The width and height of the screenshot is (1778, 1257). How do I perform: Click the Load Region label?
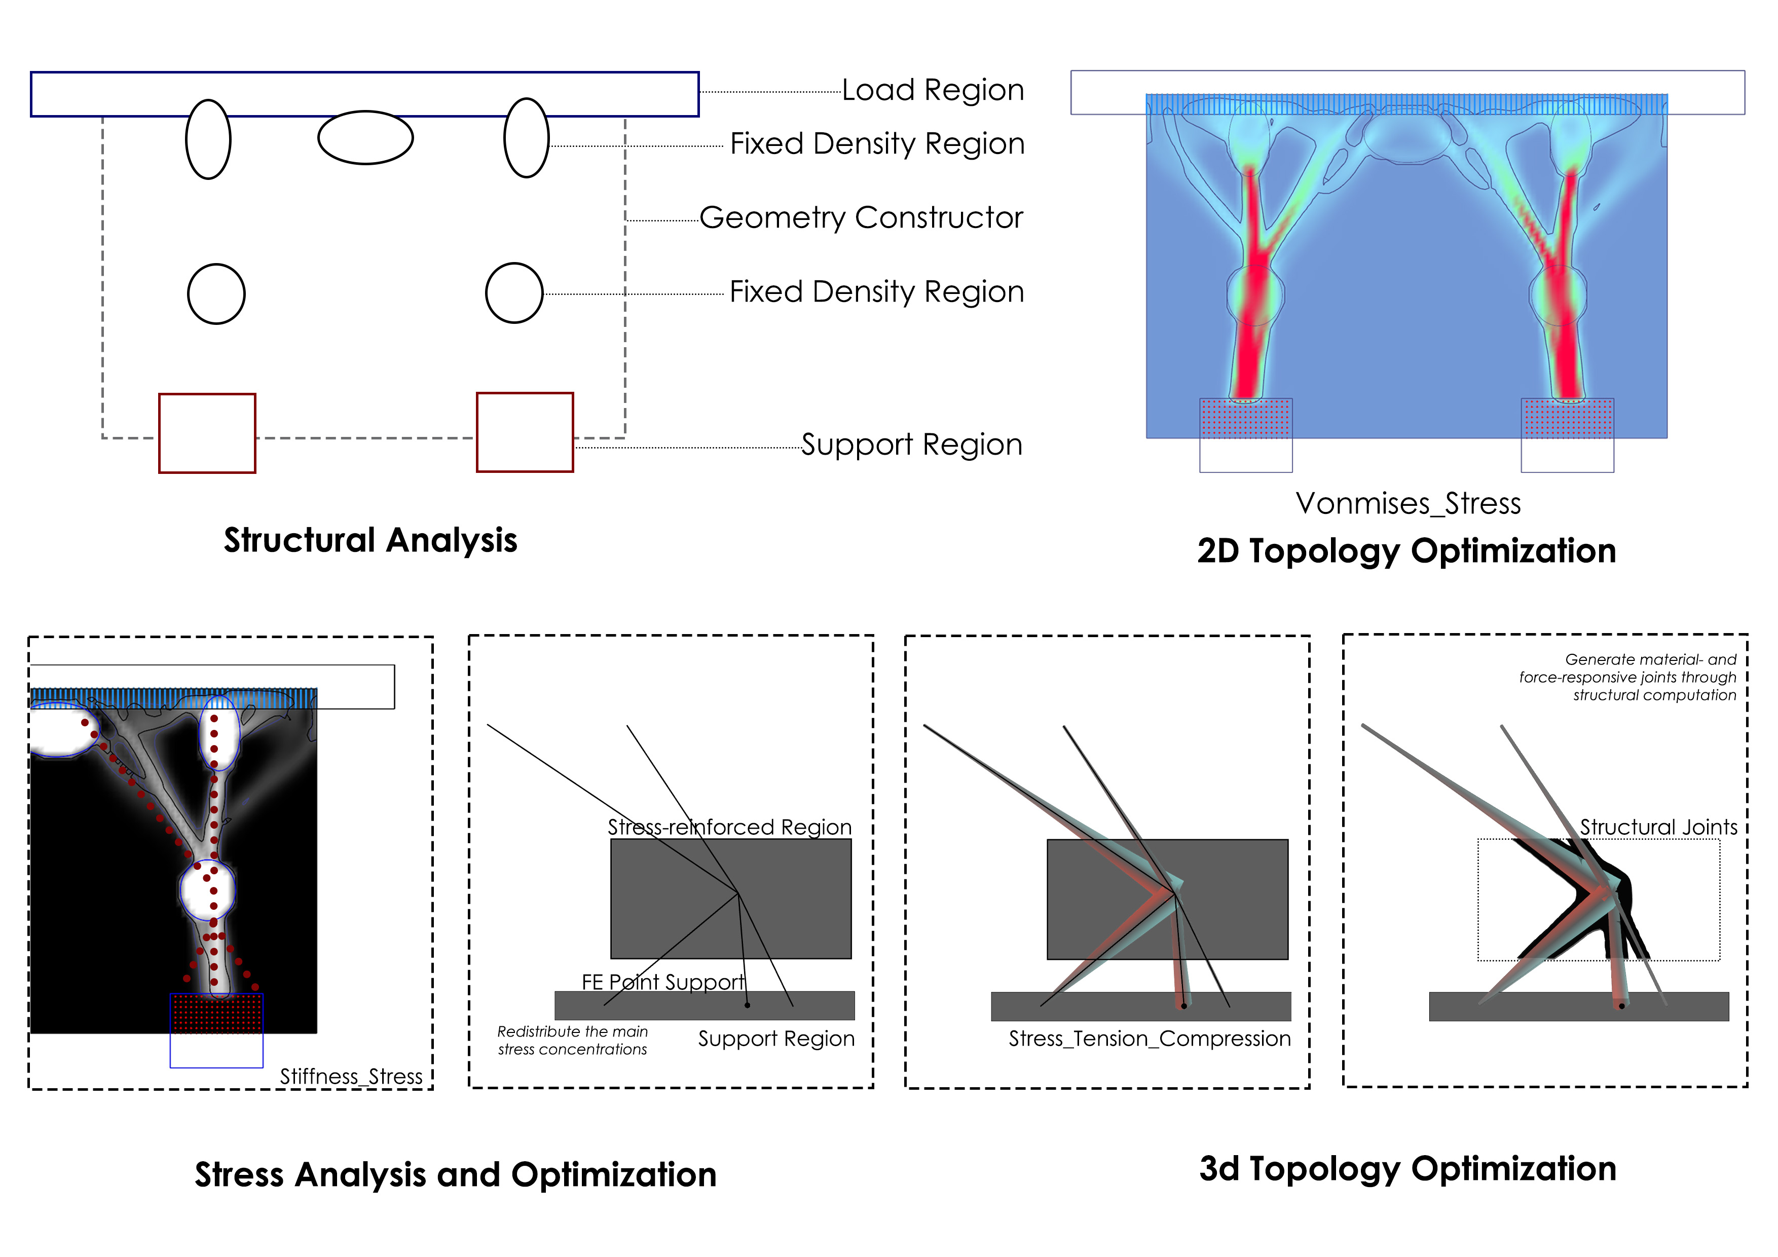[x=933, y=91]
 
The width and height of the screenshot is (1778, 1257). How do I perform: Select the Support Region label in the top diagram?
[x=911, y=445]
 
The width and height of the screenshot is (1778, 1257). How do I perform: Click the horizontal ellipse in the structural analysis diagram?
[x=365, y=138]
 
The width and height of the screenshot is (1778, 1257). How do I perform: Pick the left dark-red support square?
[x=207, y=433]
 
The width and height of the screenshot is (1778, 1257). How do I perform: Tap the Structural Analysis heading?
[x=370, y=540]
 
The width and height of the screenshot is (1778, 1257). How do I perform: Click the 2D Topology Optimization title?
[x=1406, y=550]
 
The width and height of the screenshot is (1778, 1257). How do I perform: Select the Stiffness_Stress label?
[x=351, y=1076]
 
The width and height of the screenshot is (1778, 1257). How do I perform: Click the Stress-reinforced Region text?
[x=729, y=827]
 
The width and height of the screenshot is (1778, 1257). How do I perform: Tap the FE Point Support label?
[x=663, y=982]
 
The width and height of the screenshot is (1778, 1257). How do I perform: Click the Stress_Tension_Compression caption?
[x=1149, y=1039]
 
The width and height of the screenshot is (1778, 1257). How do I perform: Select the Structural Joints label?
[x=1658, y=827]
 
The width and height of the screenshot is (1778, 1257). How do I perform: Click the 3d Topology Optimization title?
[x=1407, y=1169]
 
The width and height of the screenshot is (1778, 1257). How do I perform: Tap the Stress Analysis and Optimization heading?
[x=455, y=1174]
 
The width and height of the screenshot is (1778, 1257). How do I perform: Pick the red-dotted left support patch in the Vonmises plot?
[x=1245, y=418]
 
